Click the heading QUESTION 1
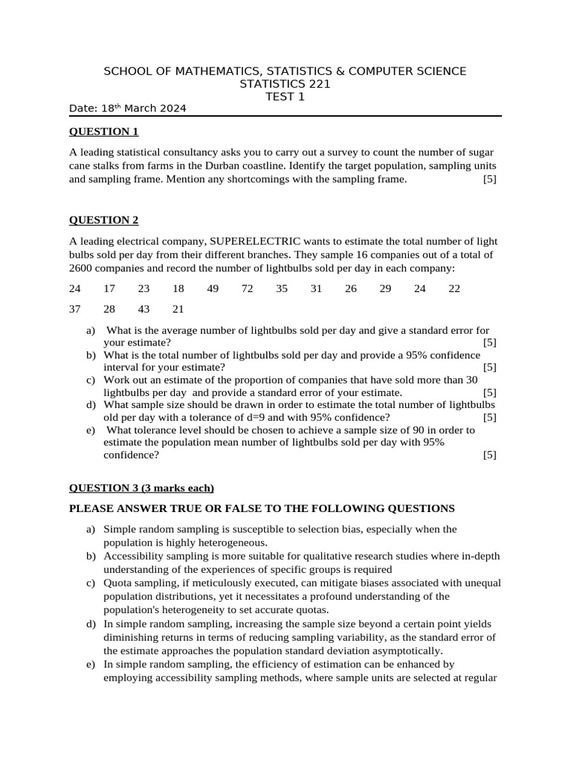pos(104,132)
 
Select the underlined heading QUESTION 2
pos(104,220)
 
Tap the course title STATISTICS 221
pos(285,84)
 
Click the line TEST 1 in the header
pos(285,97)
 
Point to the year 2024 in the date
pos(171,109)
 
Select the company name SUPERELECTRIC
pos(256,242)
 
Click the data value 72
pos(248,289)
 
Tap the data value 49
pos(213,289)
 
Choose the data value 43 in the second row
pos(143,309)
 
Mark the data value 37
pos(75,309)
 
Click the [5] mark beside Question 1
pos(489,179)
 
